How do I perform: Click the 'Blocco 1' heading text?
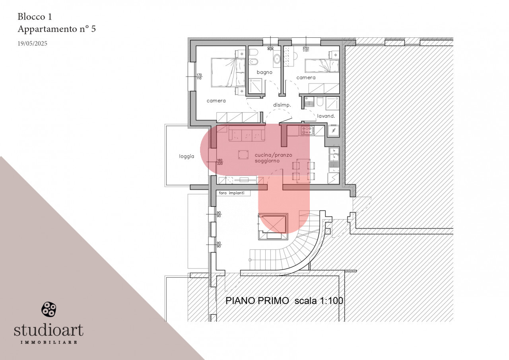click(x=35, y=17)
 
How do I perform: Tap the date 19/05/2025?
click(x=33, y=43)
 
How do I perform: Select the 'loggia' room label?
click(x=187, y=156)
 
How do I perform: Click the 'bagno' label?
click(x=264, y=72)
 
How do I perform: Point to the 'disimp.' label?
click(x=282, y=105)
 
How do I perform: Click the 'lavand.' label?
click(x=326, y=116)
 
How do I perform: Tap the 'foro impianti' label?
click(x=231, y=193)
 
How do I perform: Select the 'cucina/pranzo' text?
click(x=273, y=155)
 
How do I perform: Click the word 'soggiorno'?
click(x=267, y=161)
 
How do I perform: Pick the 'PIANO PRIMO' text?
click(x=257, y=301)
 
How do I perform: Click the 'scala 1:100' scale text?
click(x=319, y=301)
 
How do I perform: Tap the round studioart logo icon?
click(x=49, y=309)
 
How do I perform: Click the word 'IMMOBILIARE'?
click(x=49, y=342)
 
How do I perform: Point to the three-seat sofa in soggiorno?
click(x=247, y=134)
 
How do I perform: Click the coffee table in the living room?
click(x=243, y=155)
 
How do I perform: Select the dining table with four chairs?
click(x=303, y=171)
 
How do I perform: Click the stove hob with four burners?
click(x=307, y=130)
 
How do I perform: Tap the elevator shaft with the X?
click(x=273, y=223)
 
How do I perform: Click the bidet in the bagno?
click(x=254, y=62)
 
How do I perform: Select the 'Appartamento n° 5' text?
click(x=57, y=29)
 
